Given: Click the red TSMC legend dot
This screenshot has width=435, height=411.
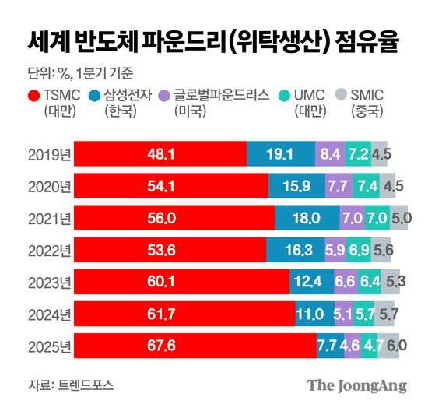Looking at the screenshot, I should [33, 96].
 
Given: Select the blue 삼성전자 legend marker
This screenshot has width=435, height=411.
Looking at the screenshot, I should [95, 96].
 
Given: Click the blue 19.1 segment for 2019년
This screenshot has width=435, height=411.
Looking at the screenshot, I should [281, 154].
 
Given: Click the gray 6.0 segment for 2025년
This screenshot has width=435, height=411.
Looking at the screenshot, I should [390, 346].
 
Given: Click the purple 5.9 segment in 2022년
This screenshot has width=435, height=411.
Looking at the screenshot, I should [335, 250].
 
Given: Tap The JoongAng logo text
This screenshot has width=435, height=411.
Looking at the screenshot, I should [359, 385].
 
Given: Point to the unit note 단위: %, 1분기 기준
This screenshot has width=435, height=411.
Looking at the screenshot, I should [79, 75].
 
